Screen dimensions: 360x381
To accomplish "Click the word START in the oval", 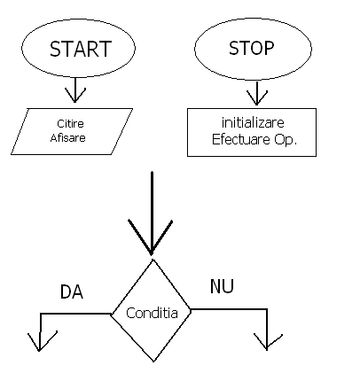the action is (x=81, y=49).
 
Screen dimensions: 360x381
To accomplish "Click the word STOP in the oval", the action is (x=252, y=48).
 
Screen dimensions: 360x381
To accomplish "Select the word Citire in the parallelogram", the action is (x=70, y=123).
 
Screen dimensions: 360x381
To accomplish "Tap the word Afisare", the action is (x=68, y=137).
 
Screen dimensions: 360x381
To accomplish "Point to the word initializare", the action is (x=253, y=122).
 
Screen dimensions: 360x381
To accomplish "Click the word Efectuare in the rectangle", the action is (x=241, y=139).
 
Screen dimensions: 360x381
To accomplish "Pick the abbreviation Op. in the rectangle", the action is (x=286, y=140).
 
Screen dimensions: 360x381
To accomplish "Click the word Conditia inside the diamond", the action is (x=152, y=313).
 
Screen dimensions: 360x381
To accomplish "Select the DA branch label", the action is (x=72, y=292).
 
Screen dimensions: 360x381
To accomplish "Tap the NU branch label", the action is (x=222, y=286).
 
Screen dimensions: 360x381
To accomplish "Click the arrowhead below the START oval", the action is (x=75, y=95).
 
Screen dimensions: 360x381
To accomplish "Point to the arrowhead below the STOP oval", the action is (x=257, y=97).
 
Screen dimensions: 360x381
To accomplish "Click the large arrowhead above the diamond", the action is (x=151, y=237).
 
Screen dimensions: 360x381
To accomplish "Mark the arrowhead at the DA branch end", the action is (x=41, y=341).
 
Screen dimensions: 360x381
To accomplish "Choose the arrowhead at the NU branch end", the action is (x=268, y=342).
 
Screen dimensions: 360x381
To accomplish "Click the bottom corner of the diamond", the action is (x=153, y=362).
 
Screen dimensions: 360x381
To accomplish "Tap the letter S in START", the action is (x=55, y=49).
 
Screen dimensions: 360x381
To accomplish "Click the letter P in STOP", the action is (x=269, y=49).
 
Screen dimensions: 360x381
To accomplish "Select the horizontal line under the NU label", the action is (x=229, y=309).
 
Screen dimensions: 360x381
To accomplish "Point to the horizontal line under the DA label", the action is (x=75, y=314).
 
